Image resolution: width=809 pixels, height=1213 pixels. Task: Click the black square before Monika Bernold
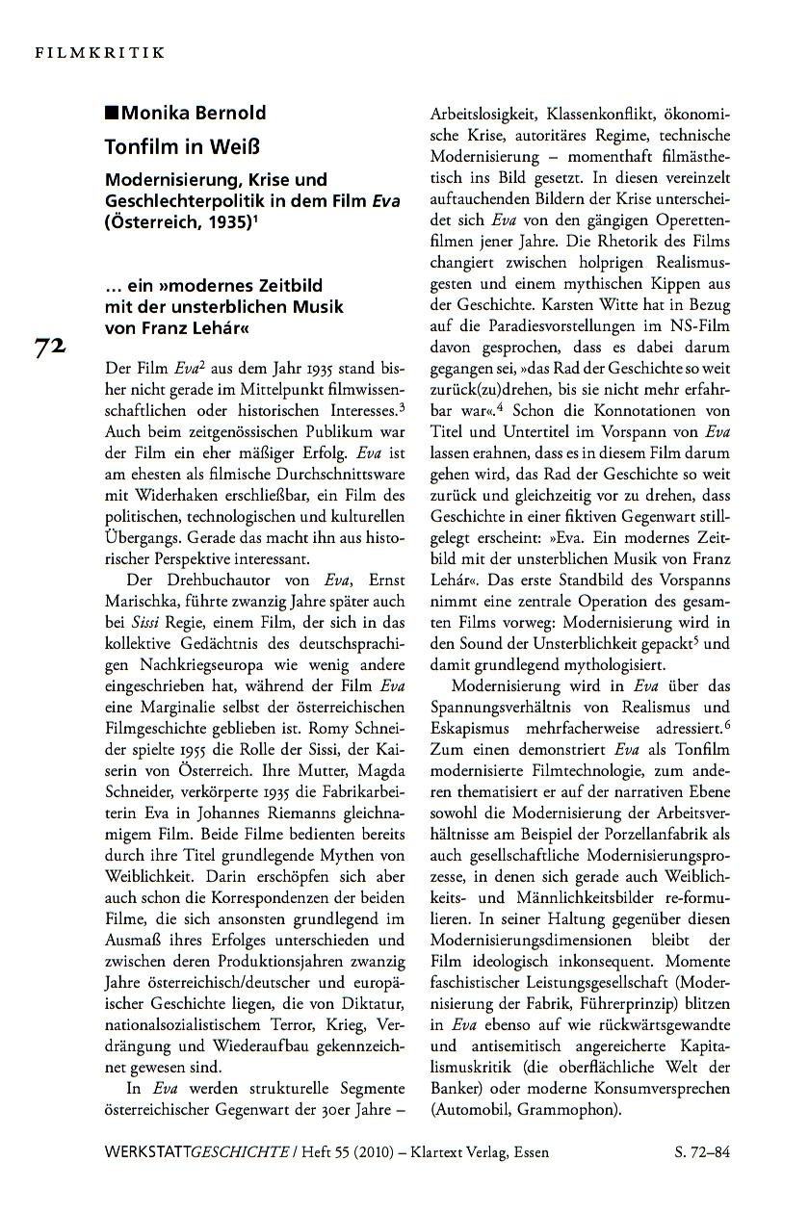(x=112, y=114)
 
